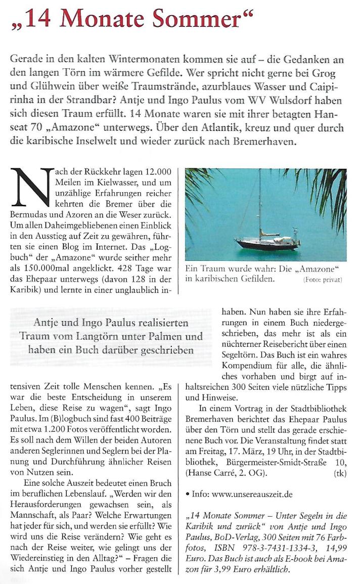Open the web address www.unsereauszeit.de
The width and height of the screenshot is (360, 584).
click(249, 493)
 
